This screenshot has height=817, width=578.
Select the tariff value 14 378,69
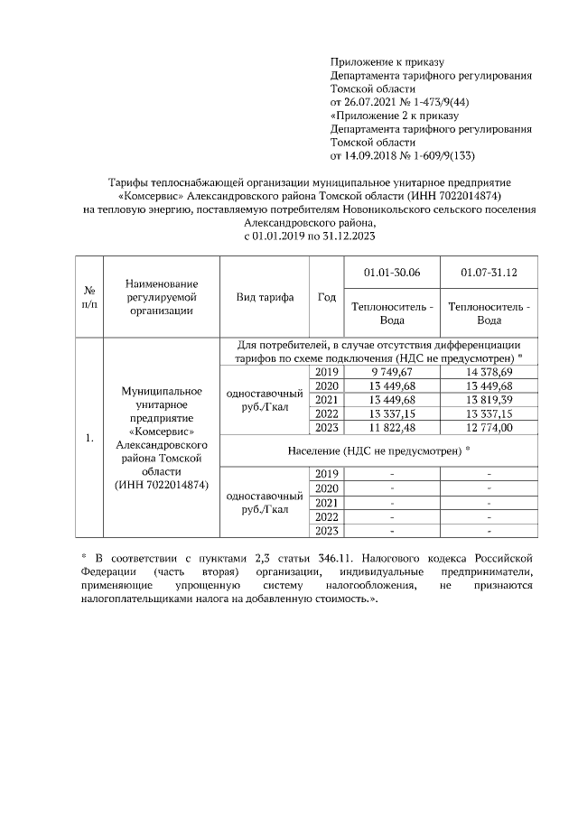click(488, 372)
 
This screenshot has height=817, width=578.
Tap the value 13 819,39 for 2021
click(488, 400)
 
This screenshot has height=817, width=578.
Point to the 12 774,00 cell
click(488, 428)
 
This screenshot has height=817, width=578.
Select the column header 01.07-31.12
click(488, 272)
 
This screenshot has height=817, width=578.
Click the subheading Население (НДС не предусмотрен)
click(390, 449)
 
